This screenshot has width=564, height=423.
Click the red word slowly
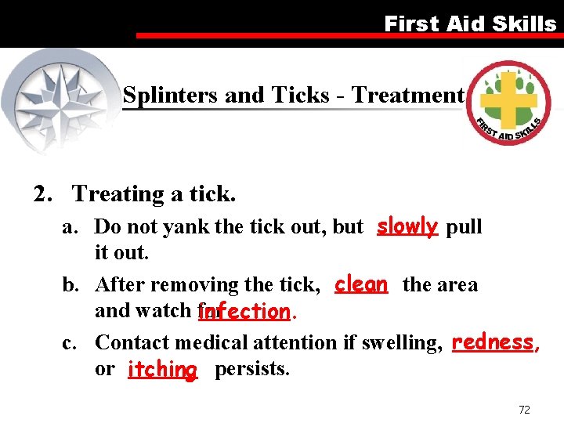(x=407, y=226)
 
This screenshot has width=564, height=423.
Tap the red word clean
(x=360, y=284)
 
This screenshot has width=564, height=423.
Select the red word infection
(x=244, y=312)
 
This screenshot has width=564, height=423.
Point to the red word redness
(x=493, y=342)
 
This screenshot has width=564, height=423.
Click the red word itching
(x=162, y=369)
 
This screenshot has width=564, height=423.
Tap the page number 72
(x=524, y=410)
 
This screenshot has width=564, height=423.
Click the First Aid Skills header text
(x=469, y=23)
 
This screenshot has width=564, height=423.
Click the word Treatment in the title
(x=407, y=96)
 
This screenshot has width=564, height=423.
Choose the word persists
(x=251, y=369)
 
